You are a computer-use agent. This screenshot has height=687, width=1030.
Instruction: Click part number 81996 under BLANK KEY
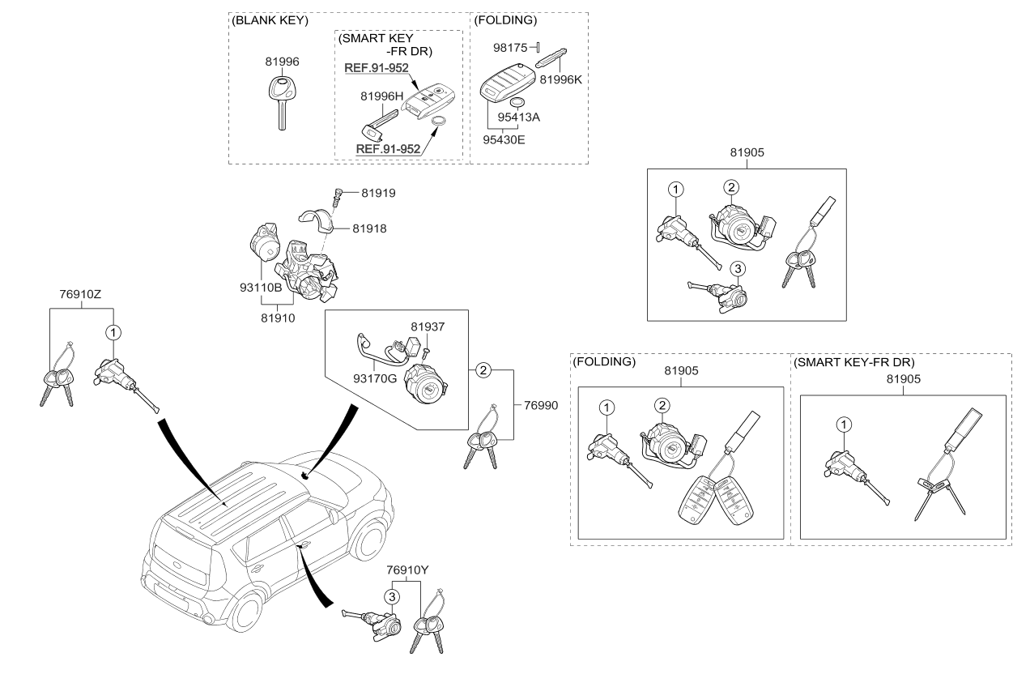coord(282,61)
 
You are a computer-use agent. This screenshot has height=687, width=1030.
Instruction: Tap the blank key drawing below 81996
coord(280,100)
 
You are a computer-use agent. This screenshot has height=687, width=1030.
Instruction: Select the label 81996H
coord(381,96)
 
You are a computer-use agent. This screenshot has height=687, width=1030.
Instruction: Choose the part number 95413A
coord(519,117)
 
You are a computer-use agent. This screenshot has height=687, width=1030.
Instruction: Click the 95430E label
coord(504,139)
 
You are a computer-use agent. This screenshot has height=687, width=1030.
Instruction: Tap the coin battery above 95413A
coord(518,102)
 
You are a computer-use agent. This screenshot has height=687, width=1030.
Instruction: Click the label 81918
coord(369,228)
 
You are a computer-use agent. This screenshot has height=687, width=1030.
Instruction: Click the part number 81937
coord(427,327)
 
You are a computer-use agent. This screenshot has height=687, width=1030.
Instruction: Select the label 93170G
coord(374,376)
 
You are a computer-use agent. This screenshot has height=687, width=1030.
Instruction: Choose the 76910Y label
coord(406,570)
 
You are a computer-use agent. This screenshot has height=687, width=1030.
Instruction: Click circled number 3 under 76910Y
coord(391,597)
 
